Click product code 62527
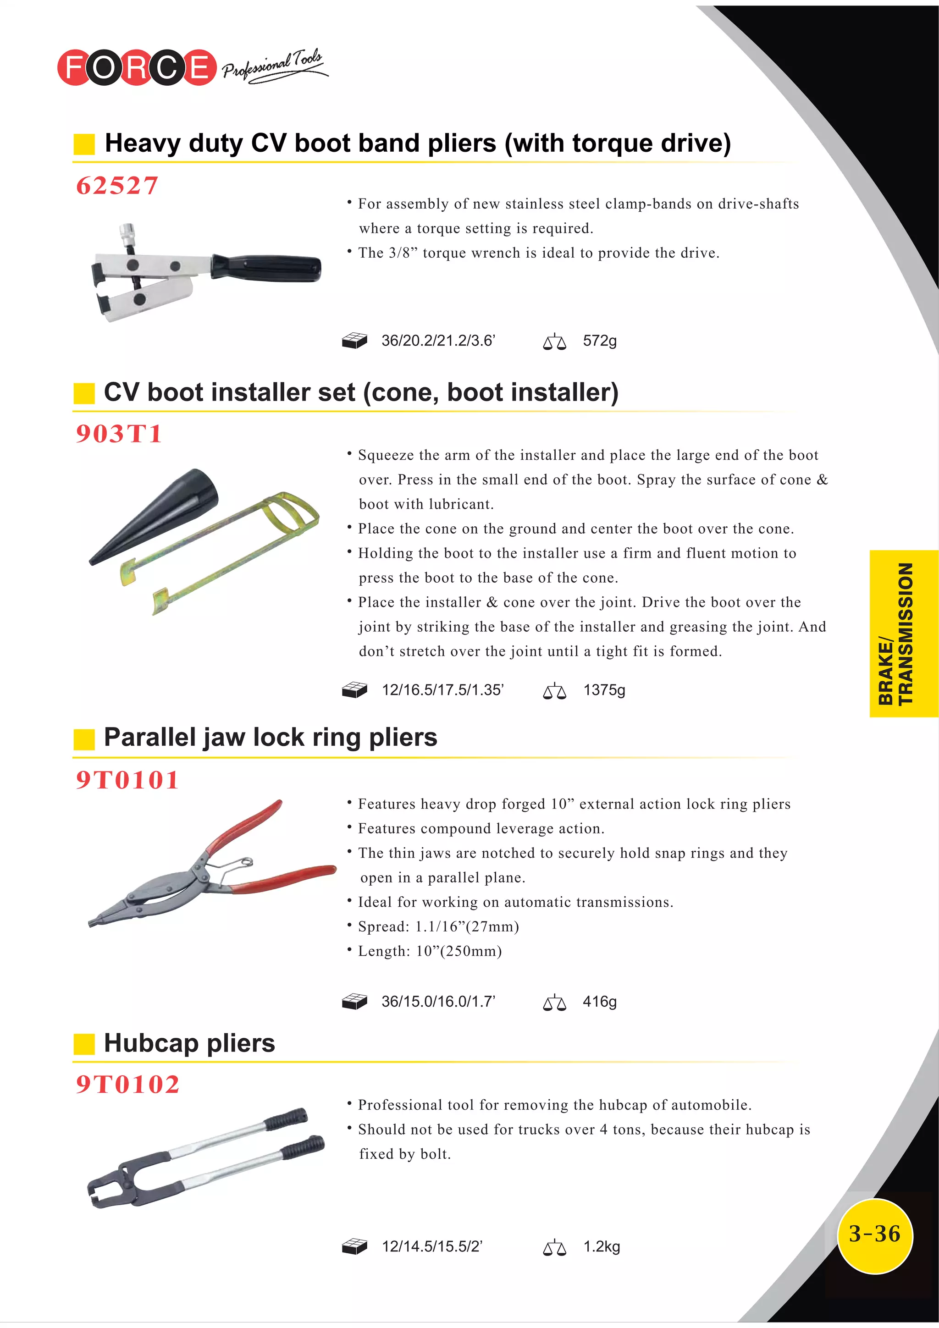pyautogui.click(x=117, y=186)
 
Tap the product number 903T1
pyautogui.click(x=119, y=434)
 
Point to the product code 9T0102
pyautogui.click(x=128, y=1084)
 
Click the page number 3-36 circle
pyautogui.click(x=874, y=1234)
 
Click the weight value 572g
pyautogui.click(x=599, y=341)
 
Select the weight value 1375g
pyautogui.click(x=604, y=690)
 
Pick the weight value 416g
pyautogui.click(x=599, y=1001)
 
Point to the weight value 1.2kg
pyautogui.click(x=601, y=1246)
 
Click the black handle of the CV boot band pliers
pyautogui.click(x=266, y=268)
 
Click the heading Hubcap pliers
pyautogui.click(x=189, y=1043)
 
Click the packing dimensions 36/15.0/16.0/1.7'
pyautogui.click(x=438, y=1001)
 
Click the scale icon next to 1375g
pyautogui.click(x=554, y=691)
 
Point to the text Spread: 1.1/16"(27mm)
pyautogui.click(x=438, y=926)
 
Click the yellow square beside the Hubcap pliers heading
pyautogui.click(x=84, y=1044)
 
